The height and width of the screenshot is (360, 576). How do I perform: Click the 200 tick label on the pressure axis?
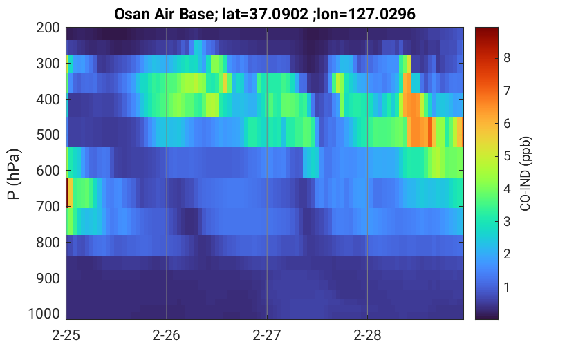click(48, 28)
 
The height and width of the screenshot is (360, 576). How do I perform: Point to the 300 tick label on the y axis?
click(48, 64)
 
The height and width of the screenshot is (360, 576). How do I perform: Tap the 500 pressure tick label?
click(48, 135)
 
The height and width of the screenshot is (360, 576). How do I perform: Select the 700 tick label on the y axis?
click(48, 207)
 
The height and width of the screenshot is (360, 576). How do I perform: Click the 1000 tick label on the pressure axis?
click(44, 314)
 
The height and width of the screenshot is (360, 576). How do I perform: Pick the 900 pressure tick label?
click(48, 278)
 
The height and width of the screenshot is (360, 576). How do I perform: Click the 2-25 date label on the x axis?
click(66, 335)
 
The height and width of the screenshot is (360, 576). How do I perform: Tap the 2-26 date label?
click(167, 335)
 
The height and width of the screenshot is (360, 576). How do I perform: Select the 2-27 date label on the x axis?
click(267, 335)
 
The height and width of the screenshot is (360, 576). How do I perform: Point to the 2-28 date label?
click(367, 335)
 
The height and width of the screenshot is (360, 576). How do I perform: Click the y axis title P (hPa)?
click(14, 174)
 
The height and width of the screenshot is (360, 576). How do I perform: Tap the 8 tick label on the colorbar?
click(507, 58)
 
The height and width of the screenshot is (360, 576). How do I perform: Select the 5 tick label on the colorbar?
click(507, 156)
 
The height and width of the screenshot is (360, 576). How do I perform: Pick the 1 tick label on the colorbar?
click(507, 287)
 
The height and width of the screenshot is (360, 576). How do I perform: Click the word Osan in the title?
click(131, 15)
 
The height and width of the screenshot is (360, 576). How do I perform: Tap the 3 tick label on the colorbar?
click(507, 222)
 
